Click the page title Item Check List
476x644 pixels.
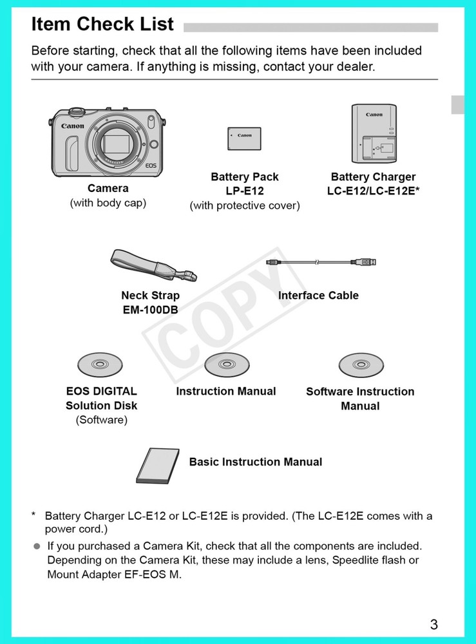(102, 24)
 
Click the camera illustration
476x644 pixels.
(108, 142)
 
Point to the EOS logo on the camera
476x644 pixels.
(151, 166)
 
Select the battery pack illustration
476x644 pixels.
(244, 138)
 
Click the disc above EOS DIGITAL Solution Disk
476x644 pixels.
(100, 365)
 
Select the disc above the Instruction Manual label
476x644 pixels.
(226, 365)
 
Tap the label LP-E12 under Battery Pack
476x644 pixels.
(244, 191)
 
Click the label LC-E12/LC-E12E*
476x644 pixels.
(373, 191)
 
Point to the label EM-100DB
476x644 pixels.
(150, 310)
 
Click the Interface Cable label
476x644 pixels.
(318, 296)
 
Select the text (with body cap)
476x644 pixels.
(108, 204)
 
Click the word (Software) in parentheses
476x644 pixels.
(102, 421)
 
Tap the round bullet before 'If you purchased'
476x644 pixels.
(37, 546)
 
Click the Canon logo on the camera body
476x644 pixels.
(73, 126)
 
